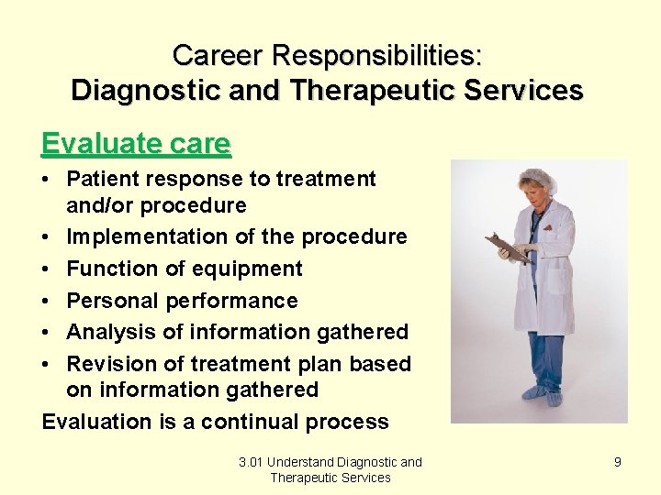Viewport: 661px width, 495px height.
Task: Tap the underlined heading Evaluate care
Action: pyautogui.click(x=136, y=143)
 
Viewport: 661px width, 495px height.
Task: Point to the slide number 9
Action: pyautogui.click(x=617, y=462)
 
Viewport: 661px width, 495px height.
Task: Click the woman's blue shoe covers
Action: pyautogui.click(x=542, y=395)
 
